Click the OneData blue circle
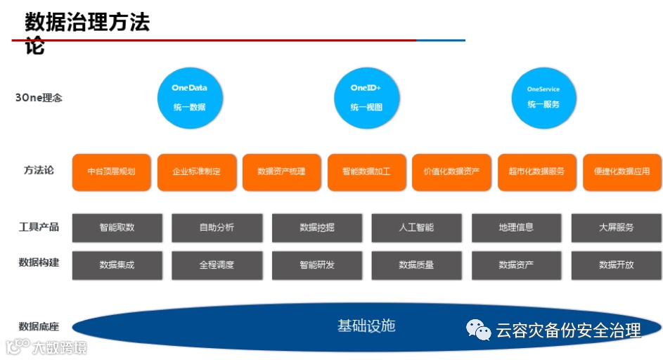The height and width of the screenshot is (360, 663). pos(188,98)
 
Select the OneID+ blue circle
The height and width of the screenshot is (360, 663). pos(366,98)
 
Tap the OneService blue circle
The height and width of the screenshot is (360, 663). pos(543,98)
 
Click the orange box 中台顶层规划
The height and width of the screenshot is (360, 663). pos(111,172)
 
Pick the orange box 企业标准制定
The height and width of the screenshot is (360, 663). pos(196,172)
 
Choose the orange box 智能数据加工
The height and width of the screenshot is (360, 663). pos(366,172)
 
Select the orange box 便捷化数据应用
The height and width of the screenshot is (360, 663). pos(622,172)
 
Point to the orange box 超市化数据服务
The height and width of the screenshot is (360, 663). pos(536,172)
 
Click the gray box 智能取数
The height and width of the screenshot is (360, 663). pos(117,228)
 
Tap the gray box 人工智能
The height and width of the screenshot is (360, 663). pos(416,228)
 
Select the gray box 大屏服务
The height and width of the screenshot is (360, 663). pos(616,228)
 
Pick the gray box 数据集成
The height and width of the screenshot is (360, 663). pos(117,265)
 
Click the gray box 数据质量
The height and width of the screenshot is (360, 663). pos(416,265)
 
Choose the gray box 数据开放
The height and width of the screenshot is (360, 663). pos(616,265)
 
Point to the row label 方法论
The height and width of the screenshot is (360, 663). pos(38,170)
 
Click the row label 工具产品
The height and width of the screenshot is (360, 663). pos(39,227)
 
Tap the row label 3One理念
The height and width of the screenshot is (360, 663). pos(39,98)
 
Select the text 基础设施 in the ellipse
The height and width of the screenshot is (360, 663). pos(366,326)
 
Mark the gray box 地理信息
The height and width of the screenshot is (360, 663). pos(516,228)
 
